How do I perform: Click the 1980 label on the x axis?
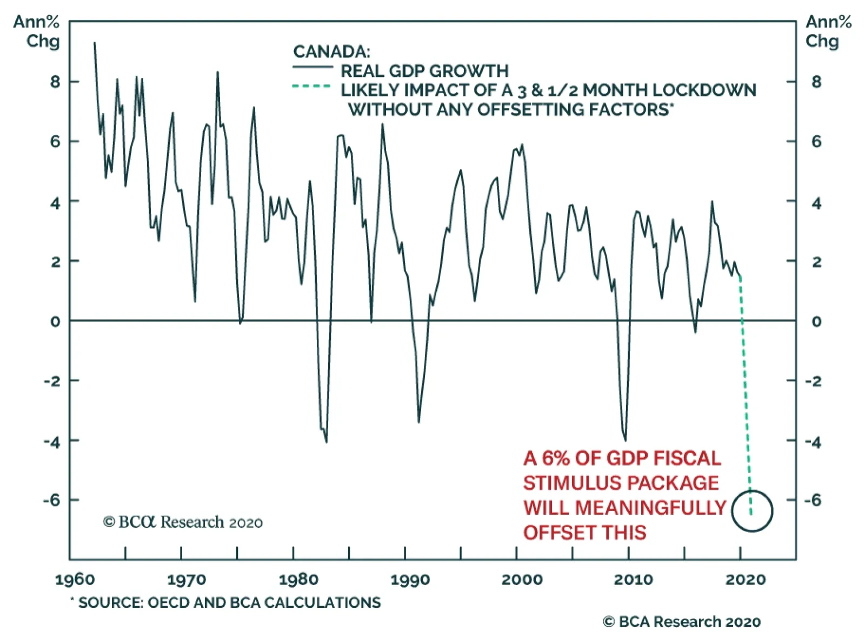click(x=298, y=580)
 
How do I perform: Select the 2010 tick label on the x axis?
click(x=633, y=580)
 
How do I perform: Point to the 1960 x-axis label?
click(x=75, y=580)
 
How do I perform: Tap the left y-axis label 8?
click(x=55, y=82)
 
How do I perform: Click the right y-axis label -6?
click(x=813, y=500)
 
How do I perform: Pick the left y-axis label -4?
click(x=52, y=441)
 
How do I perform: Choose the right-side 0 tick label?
click(x=816, y=321)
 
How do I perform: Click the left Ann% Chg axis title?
click(x=38, y=31)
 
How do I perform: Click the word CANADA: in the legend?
click(x=331, y=52)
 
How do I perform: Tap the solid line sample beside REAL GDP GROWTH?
click(x=312, y=68)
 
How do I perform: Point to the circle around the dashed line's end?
click(x=752, y=511)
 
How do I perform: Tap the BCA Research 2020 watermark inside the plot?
click(x=183, y=522)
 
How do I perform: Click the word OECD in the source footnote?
click(x=168, y=602)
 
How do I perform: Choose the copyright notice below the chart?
click(x=682, y=622)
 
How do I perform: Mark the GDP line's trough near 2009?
click(x=626, y=439)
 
